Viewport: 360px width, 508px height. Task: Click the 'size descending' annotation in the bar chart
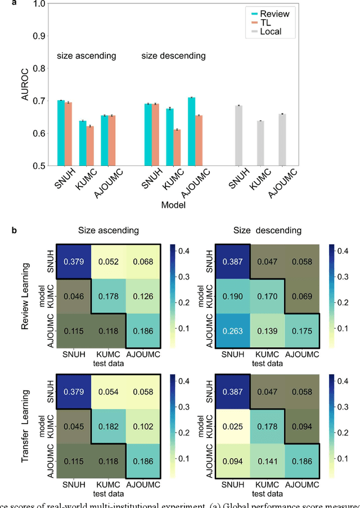point(173,56)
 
